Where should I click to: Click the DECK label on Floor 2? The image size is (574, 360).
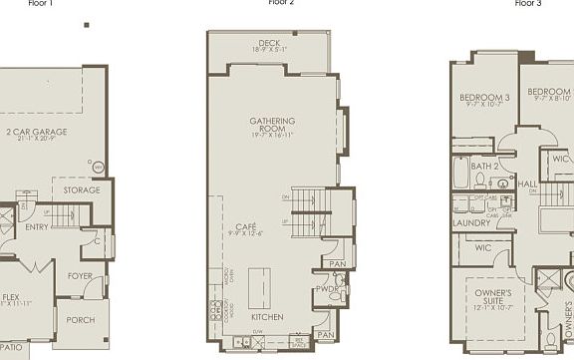click(269, 43)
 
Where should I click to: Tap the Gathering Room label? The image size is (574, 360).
click(273, 125)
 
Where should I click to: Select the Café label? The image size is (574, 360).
click(245, 227)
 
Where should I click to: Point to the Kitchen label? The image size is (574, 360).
click(268, 317)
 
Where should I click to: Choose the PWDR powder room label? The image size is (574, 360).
click(326, 288)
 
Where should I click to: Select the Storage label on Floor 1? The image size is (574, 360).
click(82, 190)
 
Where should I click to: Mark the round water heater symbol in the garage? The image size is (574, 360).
click(97, 167)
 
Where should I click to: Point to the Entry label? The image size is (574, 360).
click(37, 227)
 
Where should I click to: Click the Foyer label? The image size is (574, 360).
click(80, 275)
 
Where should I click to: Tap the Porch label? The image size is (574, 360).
click(80, 320)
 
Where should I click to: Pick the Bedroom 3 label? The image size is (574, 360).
click(485, 98)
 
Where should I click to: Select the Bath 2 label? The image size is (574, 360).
click(484, 166)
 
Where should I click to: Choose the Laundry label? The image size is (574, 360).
click(471, 222)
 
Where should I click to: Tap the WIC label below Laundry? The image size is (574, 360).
click(483, 247)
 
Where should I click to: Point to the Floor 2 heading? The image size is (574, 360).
click(282, 3)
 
